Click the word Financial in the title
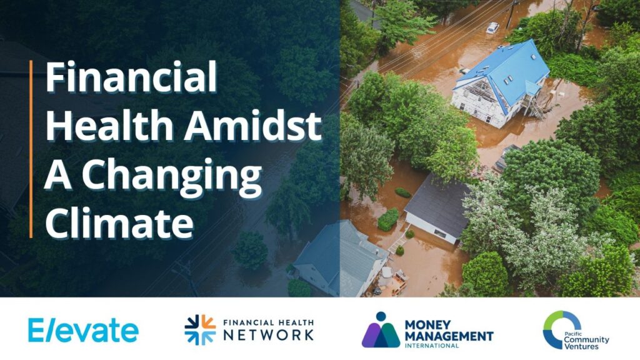[131, 76]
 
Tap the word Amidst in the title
[253, 125]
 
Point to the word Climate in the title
[119, 222]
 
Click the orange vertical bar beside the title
[31, 149]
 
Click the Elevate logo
[83, 330]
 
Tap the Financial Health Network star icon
[200, 330]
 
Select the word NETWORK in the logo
[269, 335]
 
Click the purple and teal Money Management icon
[381, 330]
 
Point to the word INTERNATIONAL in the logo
[431, 345]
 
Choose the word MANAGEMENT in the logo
[449, 336]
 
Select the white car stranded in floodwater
[492, 28]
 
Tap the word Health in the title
[109, 125]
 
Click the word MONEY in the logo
[427, 325]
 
